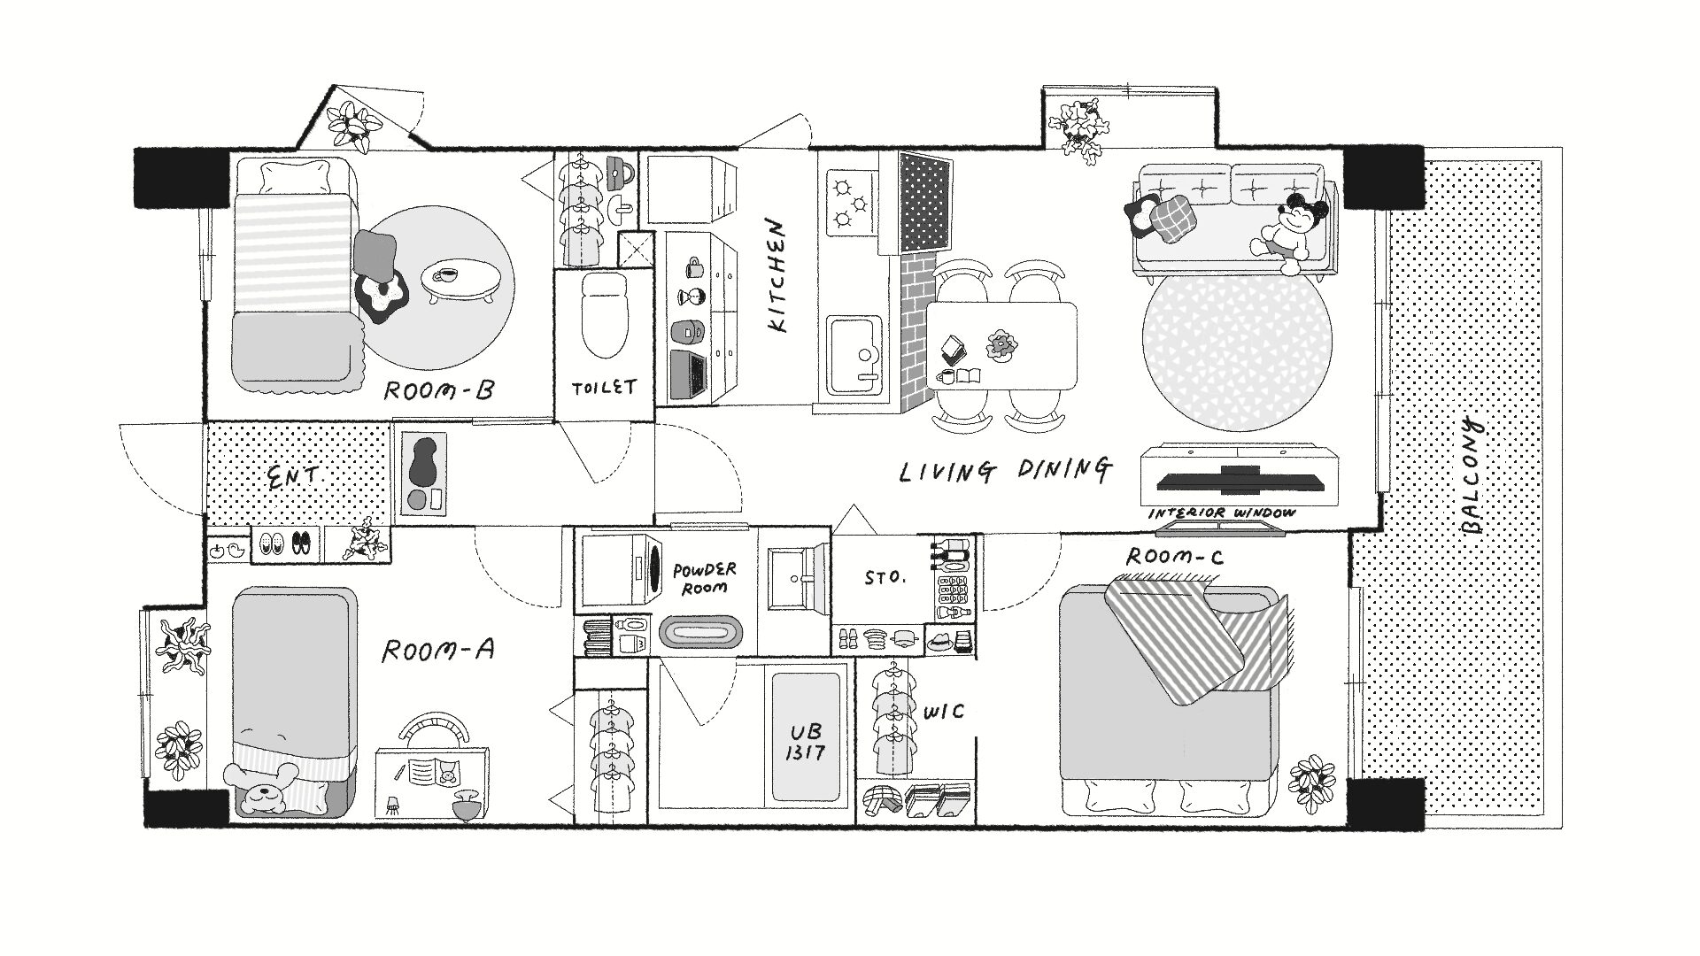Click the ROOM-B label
click(438, 390)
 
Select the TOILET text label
click(604, 388)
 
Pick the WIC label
click(943, 712)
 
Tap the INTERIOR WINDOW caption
click(1222, 513)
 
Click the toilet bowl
click(606, 314)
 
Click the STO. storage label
click(885, 578)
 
